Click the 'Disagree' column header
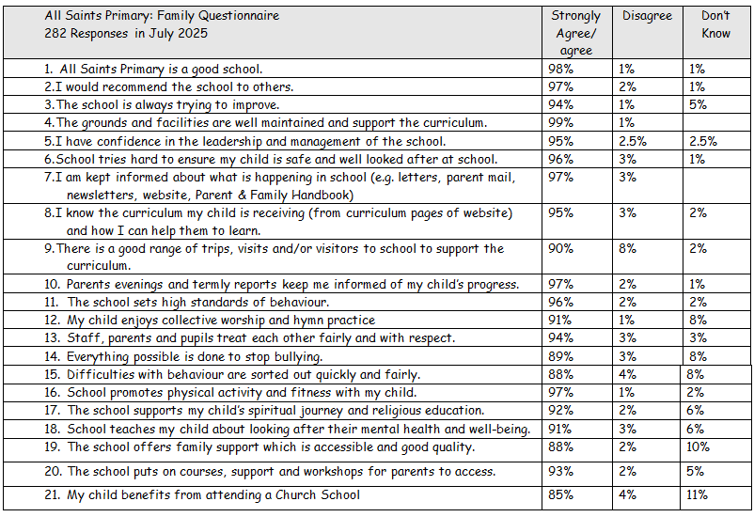pos(647,16)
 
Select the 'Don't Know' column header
pos(715,24)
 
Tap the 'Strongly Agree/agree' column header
pos(575,33)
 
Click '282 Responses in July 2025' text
pos(126,33)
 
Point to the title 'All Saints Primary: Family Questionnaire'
pos(162,16)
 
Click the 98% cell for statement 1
pos(560,69)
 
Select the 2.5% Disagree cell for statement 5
pos(633,141)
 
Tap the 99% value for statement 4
pos(560,122)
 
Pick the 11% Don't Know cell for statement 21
pos(697,494)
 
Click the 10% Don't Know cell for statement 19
pos(698,446)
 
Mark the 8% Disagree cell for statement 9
pos(627,249)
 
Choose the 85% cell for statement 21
pos(560,494)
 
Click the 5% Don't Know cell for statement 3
pos(698,105)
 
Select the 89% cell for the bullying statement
pos(560,356)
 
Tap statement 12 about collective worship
pos(210,321)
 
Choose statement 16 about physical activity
pos(230,393)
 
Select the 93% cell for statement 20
pos(560,471)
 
